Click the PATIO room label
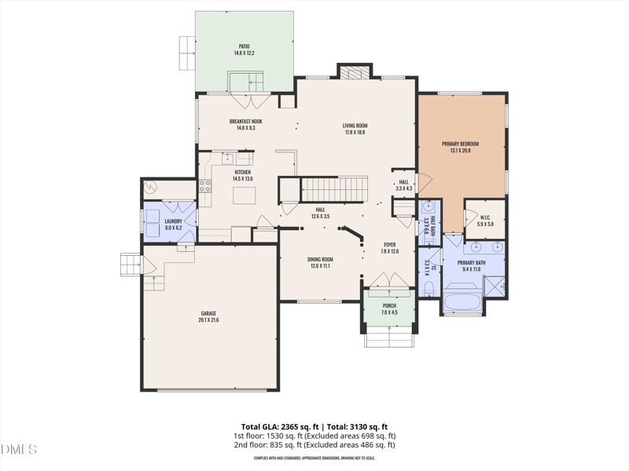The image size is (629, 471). (x=244, y=49)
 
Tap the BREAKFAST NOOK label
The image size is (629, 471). (x=245, y=124)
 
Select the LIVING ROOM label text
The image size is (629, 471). (x=355, y=129)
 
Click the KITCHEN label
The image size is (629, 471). (x=242, y=175)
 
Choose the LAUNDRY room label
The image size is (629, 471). (x=173, y=225)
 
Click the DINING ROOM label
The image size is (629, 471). (x=320, y=262)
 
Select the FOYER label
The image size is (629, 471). (x=390, y=247)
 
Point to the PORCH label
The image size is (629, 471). (x=389, y=309)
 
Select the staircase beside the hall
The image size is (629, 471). (x=335, y=188)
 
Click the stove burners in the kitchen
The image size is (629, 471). (x=204, y=186)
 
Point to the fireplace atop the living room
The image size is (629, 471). (x=348, y=71)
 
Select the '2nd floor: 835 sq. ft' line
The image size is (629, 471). (x=314, y=445)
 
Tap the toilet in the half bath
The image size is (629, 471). (x=429, y=209)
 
